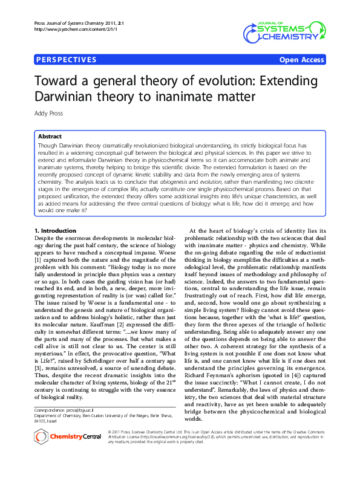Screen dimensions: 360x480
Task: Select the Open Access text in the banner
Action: [301, 60]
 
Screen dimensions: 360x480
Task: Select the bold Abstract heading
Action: [50, 137]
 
